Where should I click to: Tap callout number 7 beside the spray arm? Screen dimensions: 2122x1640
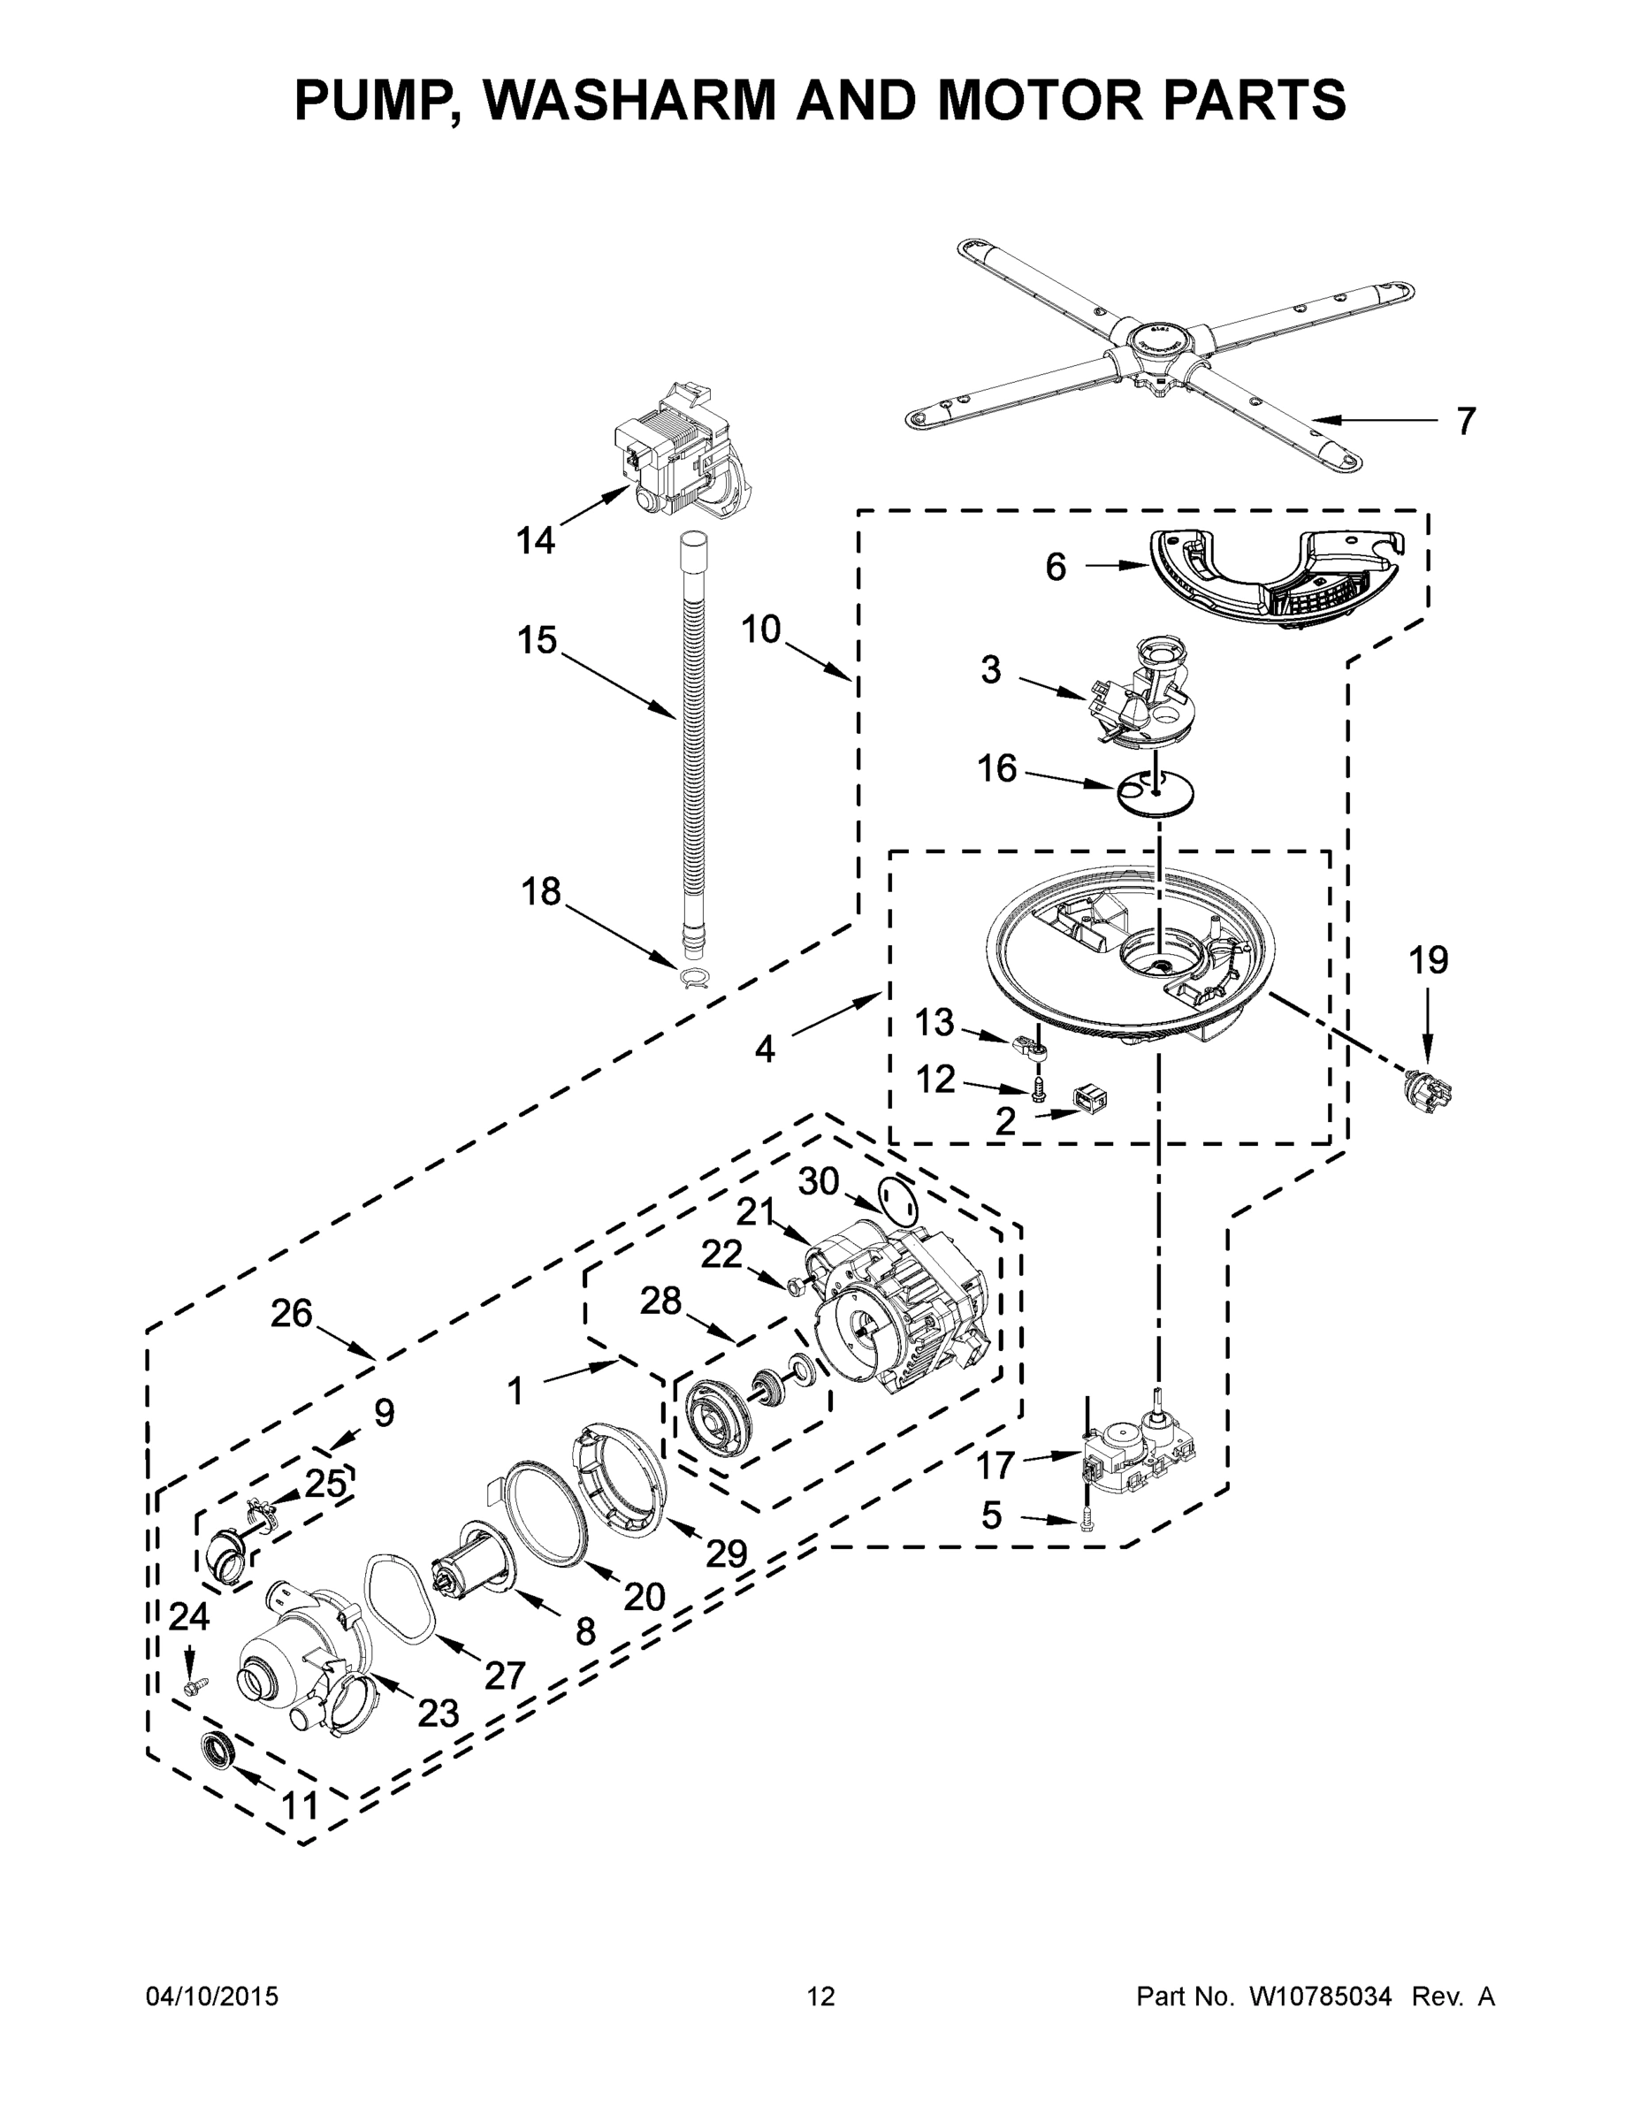click(x=1465, y=422)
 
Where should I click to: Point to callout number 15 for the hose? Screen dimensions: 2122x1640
click(x=537, y=640)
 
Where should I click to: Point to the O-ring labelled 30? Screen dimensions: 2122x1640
click(x=896, y=1201)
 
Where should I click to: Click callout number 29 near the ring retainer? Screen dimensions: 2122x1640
click(x=726, y=1553)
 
